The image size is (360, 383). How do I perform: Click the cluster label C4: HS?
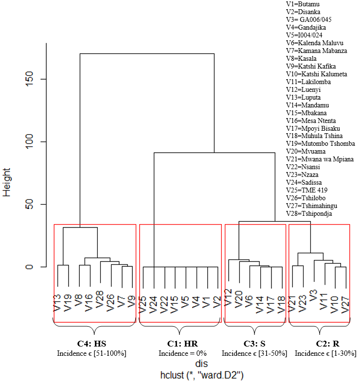(x=91, y=343)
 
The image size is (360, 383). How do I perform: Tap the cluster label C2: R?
(x=318, y=343)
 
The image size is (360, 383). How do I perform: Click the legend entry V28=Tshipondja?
(x=309, y=213)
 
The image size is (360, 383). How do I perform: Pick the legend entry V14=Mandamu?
(x=307, y=105)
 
